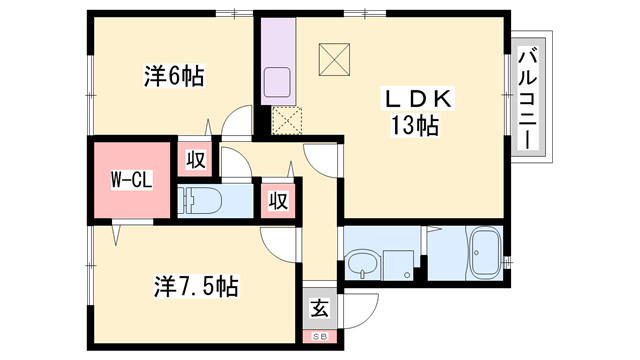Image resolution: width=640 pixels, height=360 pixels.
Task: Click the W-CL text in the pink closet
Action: pos(130,182)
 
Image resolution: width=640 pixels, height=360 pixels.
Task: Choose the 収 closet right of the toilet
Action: pos(277,199)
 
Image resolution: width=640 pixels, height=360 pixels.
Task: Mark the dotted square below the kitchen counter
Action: pos(287,120)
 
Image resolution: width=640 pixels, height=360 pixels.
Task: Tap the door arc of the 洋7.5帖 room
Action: pos(281,240)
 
